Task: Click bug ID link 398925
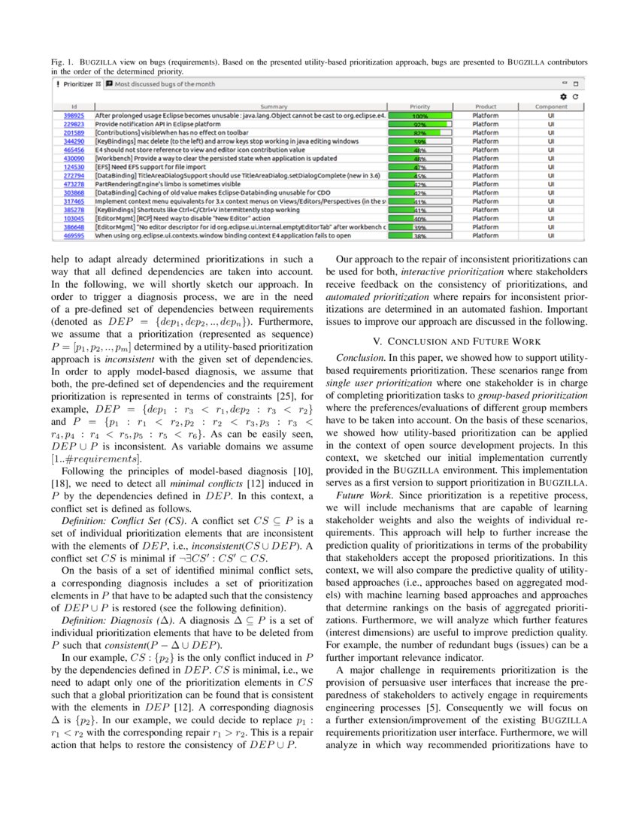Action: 74,116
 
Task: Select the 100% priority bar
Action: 430,117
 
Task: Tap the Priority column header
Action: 419,107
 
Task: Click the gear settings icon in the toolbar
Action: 563,96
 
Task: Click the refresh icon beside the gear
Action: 575,96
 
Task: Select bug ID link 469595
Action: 74,235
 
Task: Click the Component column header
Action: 551,107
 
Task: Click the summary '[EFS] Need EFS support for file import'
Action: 150,167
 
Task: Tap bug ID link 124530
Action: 74,167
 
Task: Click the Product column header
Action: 486,107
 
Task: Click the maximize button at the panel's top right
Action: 576,84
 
